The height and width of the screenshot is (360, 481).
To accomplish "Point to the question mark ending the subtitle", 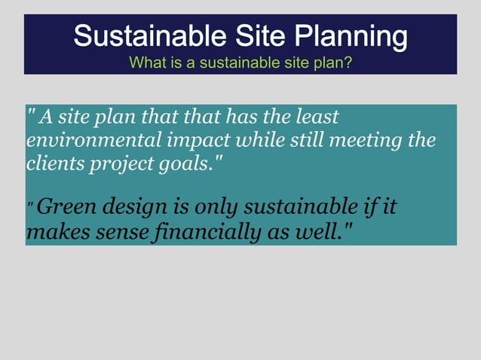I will coord(348,62).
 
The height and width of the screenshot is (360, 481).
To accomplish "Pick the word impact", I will coord(195,140).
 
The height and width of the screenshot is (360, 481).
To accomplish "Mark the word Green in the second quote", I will coord(65,206).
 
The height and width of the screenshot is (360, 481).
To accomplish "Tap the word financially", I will coord(216,230).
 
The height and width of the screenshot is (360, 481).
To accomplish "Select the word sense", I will coord(123,230).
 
